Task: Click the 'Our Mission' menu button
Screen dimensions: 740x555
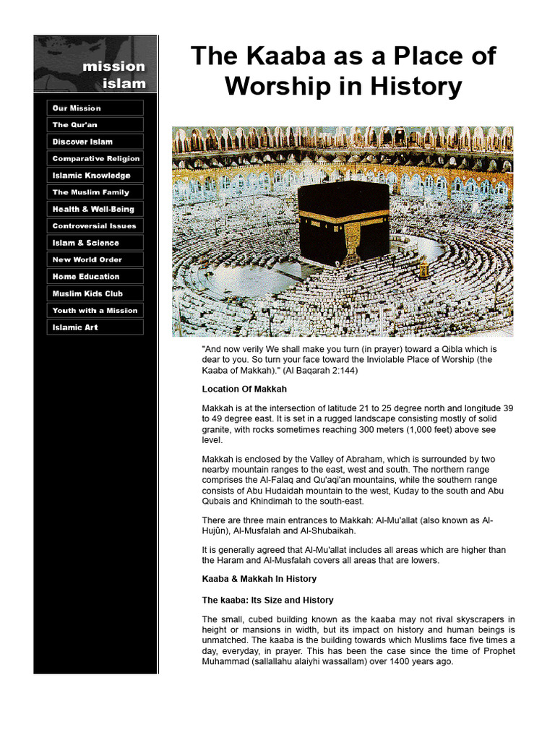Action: (95, 108)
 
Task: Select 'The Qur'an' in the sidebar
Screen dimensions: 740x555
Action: (95, 125)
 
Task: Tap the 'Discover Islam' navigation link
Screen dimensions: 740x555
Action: (95, 142)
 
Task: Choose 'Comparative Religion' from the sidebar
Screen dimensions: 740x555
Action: (95, 158)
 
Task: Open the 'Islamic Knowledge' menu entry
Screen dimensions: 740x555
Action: (95, 176)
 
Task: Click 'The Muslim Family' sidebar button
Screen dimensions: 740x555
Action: (95, 192)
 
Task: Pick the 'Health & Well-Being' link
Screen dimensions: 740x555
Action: (95, 209)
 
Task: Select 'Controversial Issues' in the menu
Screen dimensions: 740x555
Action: (95, 226)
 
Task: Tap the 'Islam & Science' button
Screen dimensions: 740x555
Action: (95, 243)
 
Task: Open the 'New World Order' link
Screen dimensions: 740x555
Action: (95, 259)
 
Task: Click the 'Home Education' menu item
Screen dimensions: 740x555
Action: (95, 277)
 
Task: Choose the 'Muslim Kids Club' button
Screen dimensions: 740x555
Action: (95, 293)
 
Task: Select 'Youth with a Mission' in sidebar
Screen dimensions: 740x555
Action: (95, 310)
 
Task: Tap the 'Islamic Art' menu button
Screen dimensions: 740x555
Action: (95, 327)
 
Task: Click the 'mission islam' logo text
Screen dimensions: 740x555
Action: (113, 74)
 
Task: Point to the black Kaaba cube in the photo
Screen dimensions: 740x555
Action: (343, 220)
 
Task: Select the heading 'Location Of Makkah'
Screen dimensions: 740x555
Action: (244, 390)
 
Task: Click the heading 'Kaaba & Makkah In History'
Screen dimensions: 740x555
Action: (259, 579)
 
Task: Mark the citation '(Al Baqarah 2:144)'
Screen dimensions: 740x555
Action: (320, 371)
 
